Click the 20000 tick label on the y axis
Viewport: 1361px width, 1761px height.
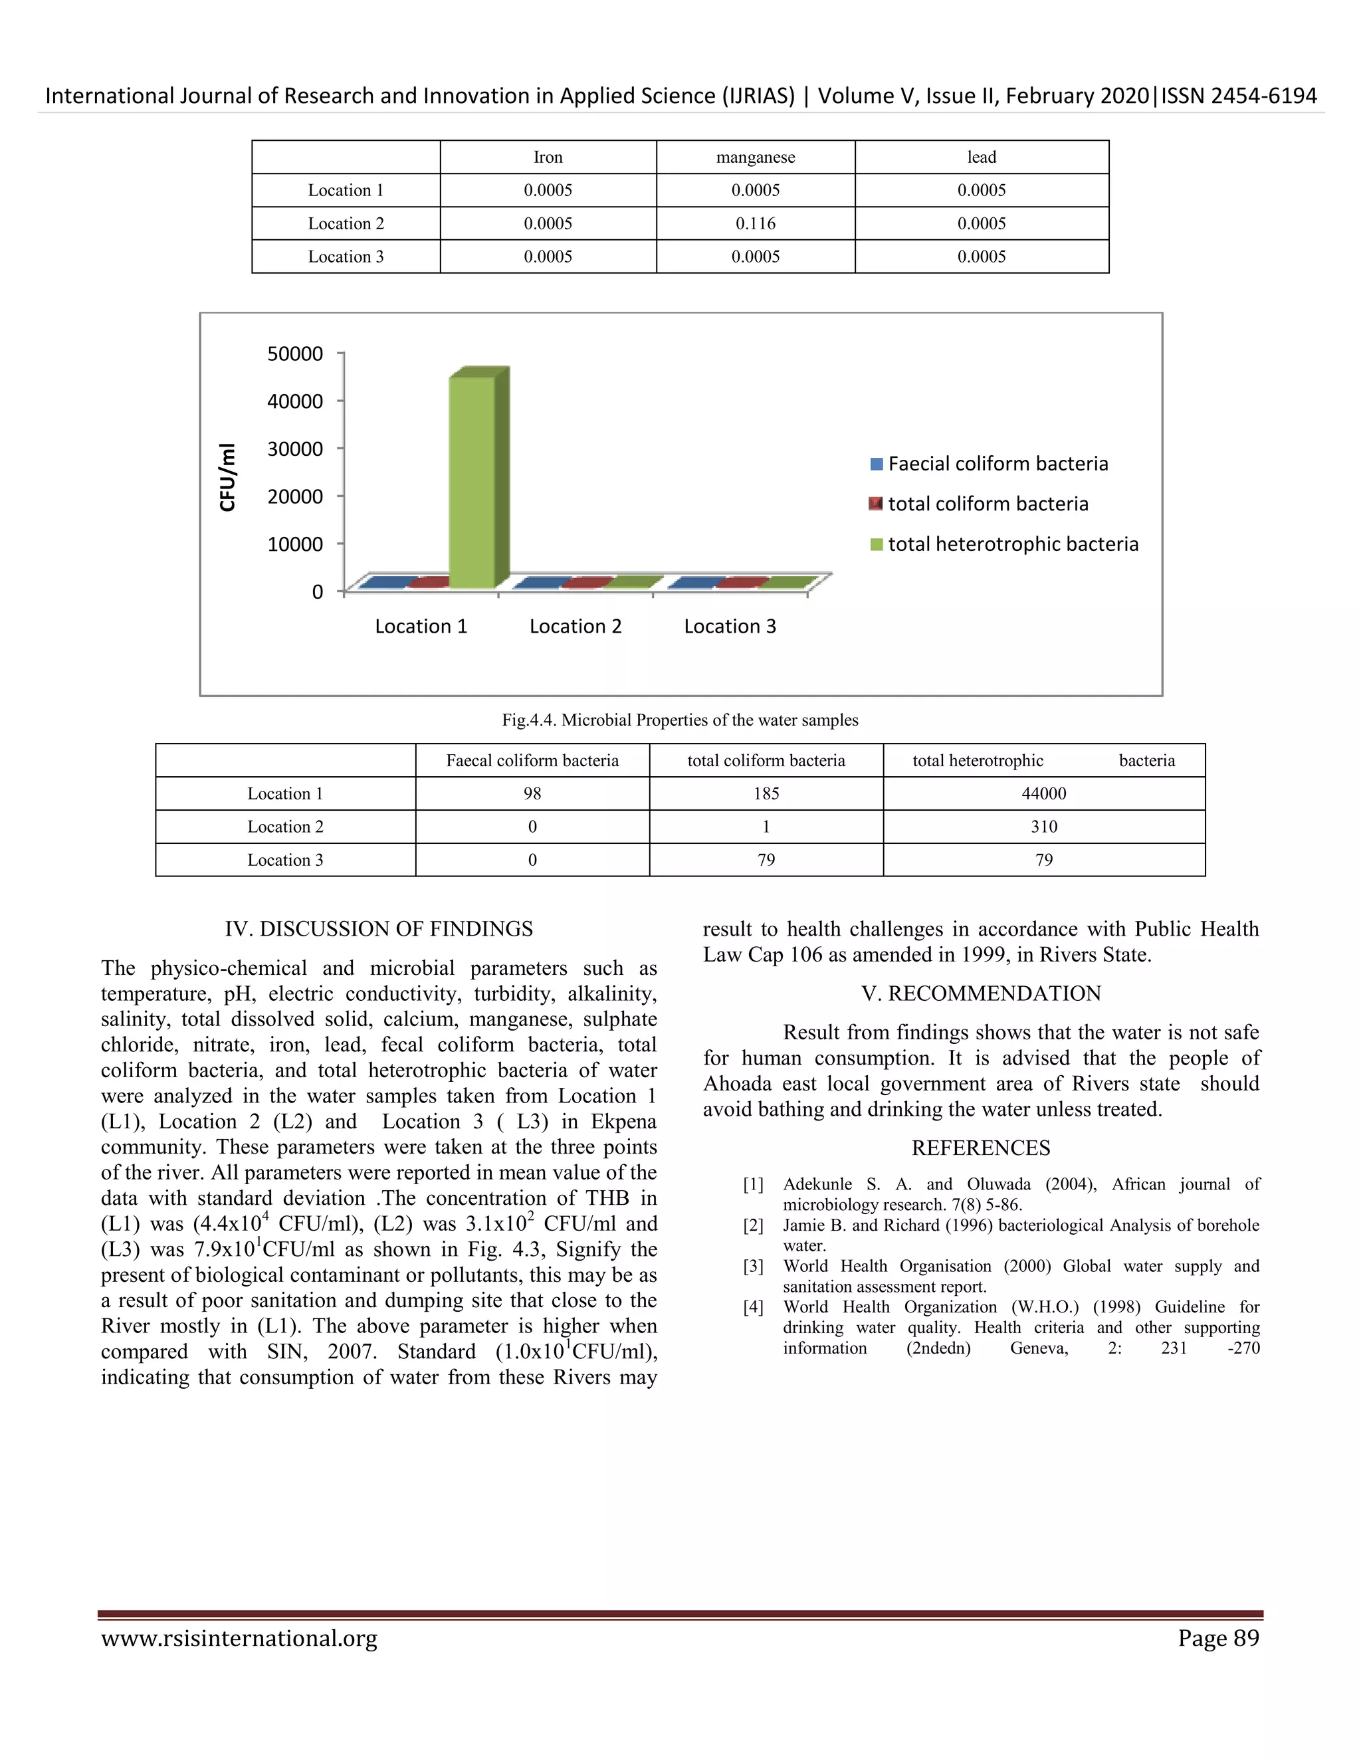coord(295,496)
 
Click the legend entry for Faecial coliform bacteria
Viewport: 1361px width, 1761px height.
coord(990,464)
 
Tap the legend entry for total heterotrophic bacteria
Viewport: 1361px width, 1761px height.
coord(1005,544)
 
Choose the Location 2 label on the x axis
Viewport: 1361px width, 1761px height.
coord(576,627)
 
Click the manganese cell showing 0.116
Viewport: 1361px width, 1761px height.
coord(756,223)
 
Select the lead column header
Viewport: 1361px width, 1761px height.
coord(982,157)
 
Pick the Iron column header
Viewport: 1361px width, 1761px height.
coord(548,157)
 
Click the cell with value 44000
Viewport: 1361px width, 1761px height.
coord(1043,793)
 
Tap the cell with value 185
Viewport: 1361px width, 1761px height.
coord(766,793)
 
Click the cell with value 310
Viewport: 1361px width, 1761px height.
coord(1043,827)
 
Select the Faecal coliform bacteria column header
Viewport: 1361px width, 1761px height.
coord(532,760)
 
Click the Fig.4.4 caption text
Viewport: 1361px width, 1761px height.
coord(680,720)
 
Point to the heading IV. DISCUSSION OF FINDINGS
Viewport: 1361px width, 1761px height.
coord(379,929)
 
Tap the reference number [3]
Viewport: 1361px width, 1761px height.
coord(753,1266)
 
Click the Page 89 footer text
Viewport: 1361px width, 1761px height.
coord(1217,1639)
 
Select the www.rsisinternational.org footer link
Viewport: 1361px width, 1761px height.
coord(239,1639)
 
